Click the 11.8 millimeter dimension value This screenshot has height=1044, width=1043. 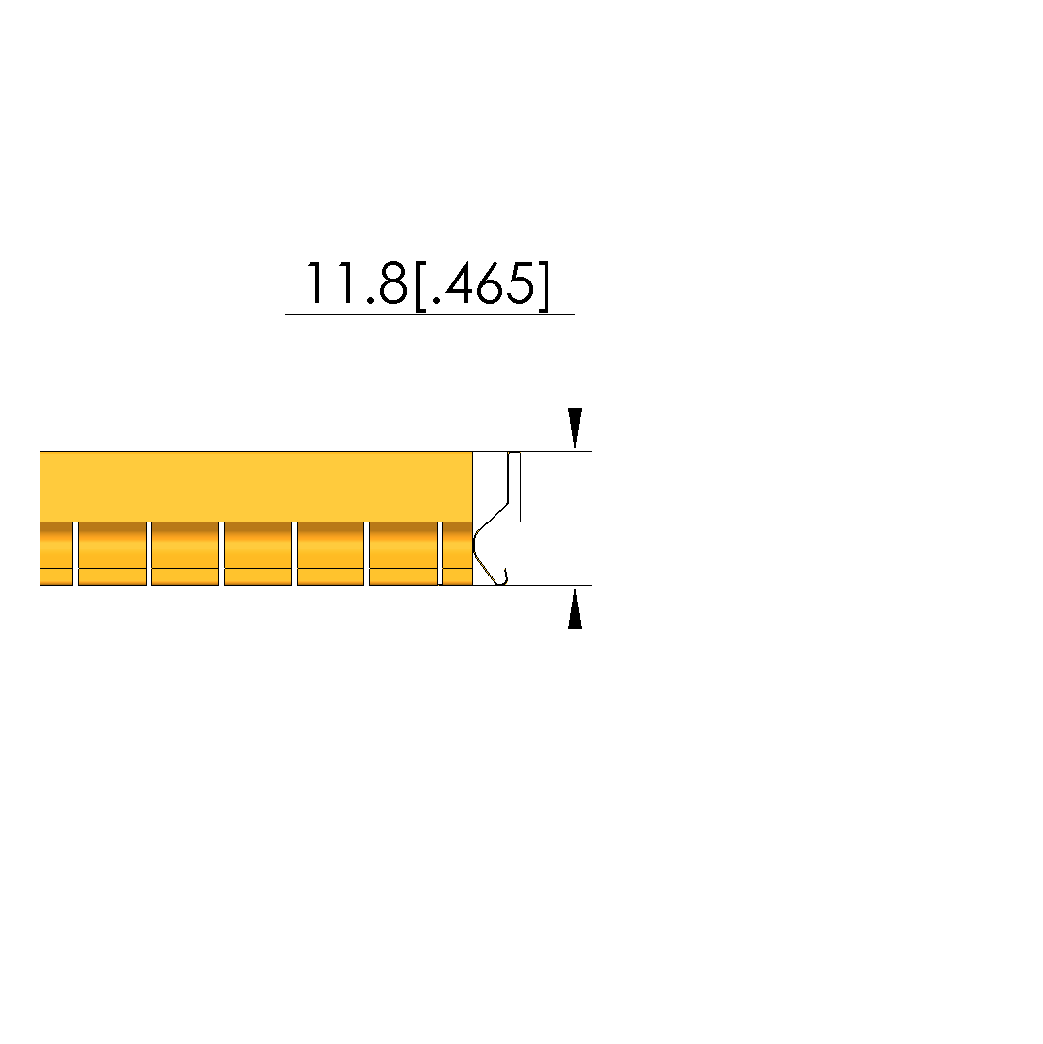click(357, 283)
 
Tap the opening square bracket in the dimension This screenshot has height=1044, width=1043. click(420, 285)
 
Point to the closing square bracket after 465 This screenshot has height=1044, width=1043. click(544, 285)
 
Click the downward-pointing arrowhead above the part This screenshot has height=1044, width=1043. click(575, 429)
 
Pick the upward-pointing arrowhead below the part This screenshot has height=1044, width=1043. click(575, 607)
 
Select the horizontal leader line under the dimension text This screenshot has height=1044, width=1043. click(430, 314)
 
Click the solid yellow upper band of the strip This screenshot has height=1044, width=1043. click(256, 487)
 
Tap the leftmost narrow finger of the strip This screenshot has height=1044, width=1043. click(57, 554)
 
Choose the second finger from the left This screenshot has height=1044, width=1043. click(113, 554)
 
